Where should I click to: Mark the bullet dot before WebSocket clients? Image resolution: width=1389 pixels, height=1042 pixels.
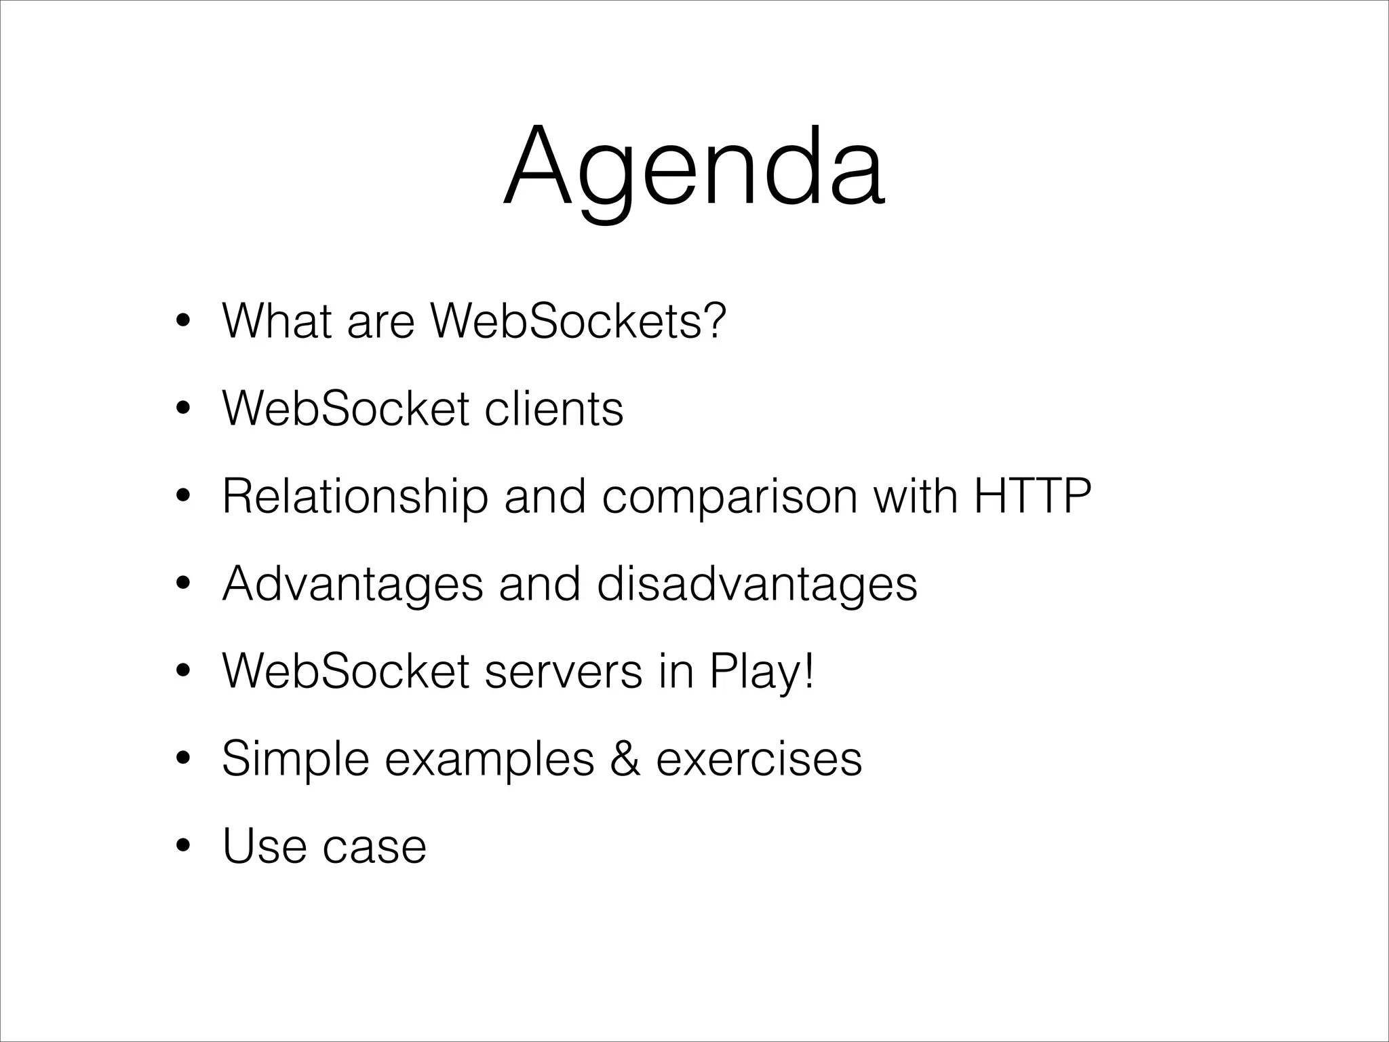(x=182, y=409)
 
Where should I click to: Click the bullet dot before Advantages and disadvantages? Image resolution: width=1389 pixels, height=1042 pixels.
(x=182, y=584)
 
